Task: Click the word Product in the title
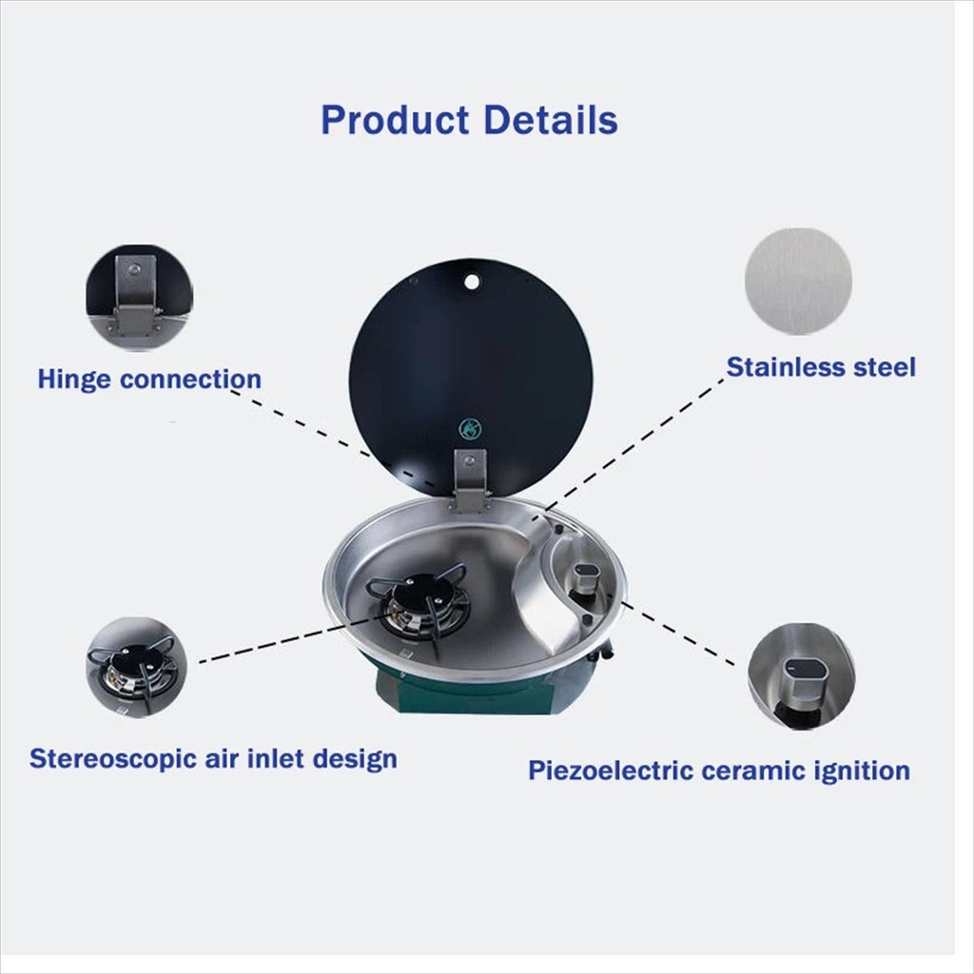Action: pyautogui.click(x=395, y=120)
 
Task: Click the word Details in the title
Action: pyautogui.click(x=551, y=119)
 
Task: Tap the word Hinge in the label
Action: pyautogui.click(x=73, y=380)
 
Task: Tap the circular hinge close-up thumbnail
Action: pyautogui.click(x=139, y=298)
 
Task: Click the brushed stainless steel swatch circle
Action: pyautogui.click(x=798, y=282)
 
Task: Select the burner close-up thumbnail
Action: pyautogui.click(x=136, y=668)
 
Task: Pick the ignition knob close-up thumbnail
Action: pyautogui.click(x=801, y=676)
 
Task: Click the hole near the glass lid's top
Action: pyautogui.click(x=472, y=282)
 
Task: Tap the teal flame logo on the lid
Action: pyautogui.click(x=470, y=429)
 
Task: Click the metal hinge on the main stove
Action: pyautogui.click(x=470, y=481)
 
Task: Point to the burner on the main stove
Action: pyautogui.click(x=418, y=602)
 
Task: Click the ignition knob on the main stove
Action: pyautogui.click(x=584, y=579)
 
